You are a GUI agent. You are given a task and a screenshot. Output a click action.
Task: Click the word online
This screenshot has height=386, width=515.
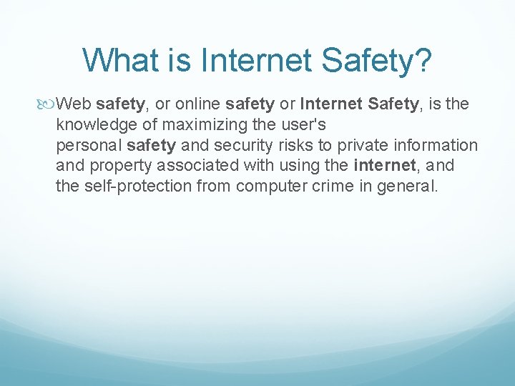point(194,104)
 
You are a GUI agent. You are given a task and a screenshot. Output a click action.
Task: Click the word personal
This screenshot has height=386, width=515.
point(89,146)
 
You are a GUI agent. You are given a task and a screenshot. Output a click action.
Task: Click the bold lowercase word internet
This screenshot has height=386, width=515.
point(385,167)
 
